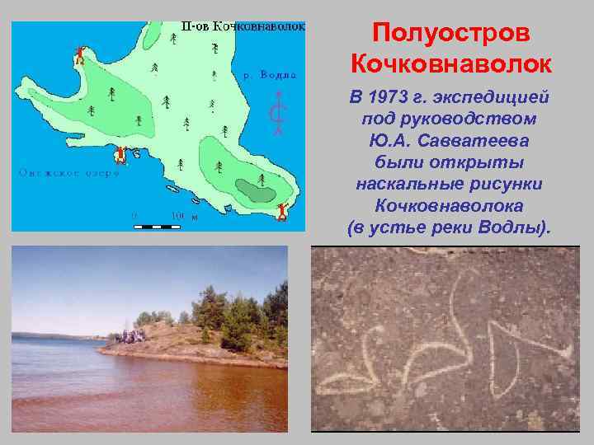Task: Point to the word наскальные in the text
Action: tap(409, 184)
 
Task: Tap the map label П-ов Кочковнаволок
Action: tap(243, 26)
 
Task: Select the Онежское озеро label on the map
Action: tap(69, 174)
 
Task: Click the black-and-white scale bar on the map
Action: tap(163, 225)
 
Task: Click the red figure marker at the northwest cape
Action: tap(79, 57)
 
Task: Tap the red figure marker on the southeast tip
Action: tap(282, 212)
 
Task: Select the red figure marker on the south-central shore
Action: tap(121, 154)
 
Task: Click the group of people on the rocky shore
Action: tap(131, 335)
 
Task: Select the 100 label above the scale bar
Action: tap(177, 217)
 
